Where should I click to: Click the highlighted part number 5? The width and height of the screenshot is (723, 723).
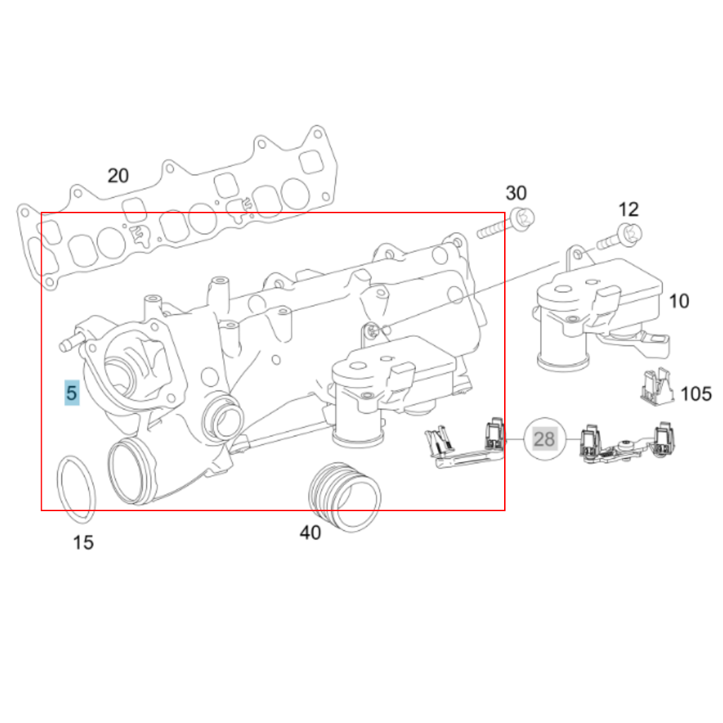71,393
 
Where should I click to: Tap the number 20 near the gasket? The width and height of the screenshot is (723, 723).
118,176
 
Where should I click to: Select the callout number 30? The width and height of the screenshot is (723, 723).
515,193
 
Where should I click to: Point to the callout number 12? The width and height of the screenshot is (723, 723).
628,209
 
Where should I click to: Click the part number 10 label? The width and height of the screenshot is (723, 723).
679,301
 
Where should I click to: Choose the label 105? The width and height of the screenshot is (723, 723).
696,394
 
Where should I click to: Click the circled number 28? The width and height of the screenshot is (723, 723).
544,439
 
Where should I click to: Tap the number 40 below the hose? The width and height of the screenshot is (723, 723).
310,532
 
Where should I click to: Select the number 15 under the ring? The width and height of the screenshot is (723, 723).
83,542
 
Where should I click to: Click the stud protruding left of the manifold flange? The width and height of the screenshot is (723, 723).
69,345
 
